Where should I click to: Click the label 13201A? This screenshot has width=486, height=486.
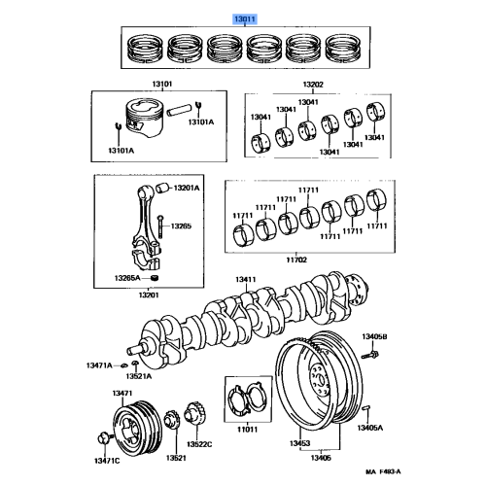tap(190, 187)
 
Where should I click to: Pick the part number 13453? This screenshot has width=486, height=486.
tap(296, 442)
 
